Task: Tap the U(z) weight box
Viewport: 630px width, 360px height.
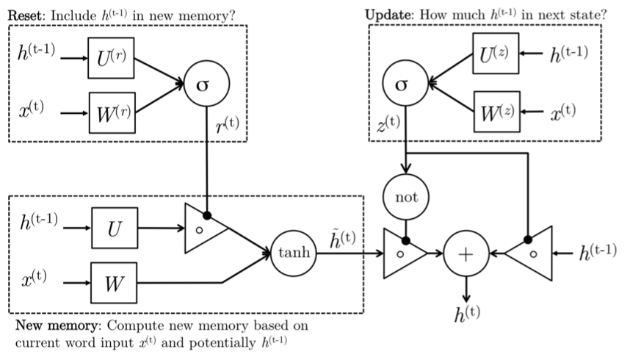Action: click(x=496, y=53)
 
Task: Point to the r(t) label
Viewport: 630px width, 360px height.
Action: click(x=229, y=126)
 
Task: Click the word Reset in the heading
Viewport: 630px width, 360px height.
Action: click(x=23, y=12)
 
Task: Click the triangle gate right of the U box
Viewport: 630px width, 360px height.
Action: click(x=203, y=229)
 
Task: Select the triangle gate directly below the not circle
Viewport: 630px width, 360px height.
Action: click(x=403, y=253)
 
